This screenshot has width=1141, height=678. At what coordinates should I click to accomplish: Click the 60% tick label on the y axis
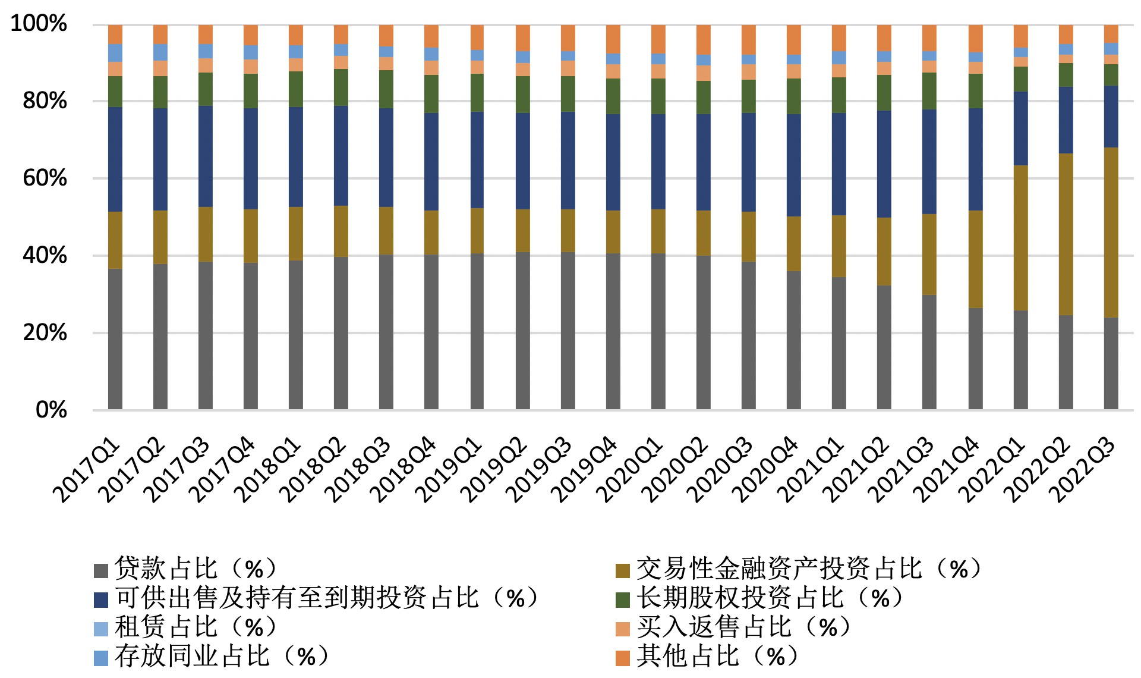tap(45, 178)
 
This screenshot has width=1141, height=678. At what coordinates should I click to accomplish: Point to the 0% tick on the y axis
tap(51, 410)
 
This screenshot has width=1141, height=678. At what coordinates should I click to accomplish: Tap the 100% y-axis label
tap(39, 24)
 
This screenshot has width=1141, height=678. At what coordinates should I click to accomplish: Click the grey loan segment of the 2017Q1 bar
tap(115, 339)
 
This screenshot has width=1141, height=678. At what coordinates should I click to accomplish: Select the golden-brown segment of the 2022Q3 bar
tap(1111, 232)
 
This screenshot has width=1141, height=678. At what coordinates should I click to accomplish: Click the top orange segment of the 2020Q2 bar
tap(704, 39)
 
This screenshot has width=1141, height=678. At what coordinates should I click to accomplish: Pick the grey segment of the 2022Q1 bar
tap(1020, 360)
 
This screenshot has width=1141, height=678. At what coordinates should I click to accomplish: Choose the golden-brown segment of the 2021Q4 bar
tap(975, 259)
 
